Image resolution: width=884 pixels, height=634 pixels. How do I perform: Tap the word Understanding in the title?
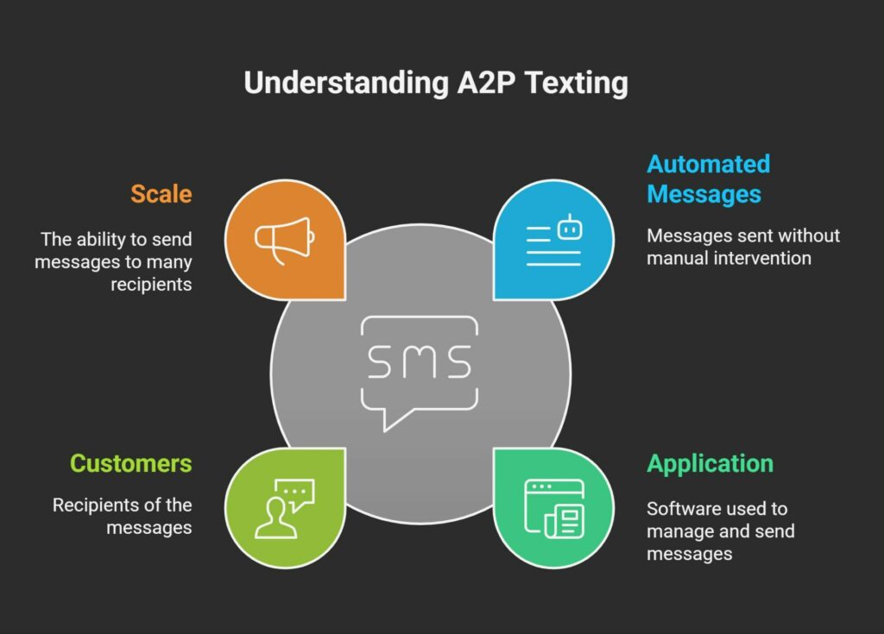click(347, 83)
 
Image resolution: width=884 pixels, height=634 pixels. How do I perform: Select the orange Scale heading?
click(161, 194)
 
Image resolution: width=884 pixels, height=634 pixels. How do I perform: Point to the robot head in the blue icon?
click(570, 228)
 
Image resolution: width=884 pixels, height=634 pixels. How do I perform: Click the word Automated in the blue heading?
click(709, 164)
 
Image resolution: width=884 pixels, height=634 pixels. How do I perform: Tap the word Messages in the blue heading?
click(704, 194)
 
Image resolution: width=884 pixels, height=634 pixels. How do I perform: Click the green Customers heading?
click(131, 464)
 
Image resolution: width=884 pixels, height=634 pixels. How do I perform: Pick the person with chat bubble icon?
click(285, 509)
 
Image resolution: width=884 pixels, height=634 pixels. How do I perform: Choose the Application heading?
click(710, 464)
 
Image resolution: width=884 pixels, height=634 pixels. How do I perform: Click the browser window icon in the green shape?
click(554, 509)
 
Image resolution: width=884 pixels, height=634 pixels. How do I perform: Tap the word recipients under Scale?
click(151, 285)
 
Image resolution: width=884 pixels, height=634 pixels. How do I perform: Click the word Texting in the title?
click(576, 83)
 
